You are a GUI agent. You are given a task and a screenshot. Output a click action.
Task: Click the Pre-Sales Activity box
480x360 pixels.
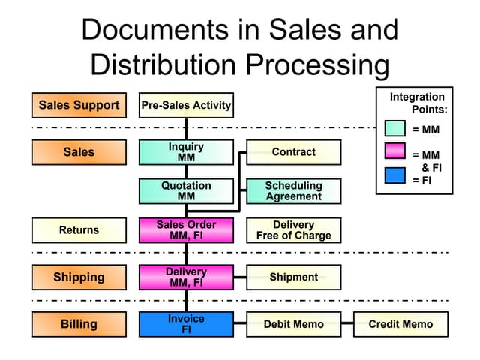186,105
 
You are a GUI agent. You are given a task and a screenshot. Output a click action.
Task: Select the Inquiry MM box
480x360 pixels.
186,152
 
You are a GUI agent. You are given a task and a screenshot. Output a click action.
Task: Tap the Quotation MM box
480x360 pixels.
186,191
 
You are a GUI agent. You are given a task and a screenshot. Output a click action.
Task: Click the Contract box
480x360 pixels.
294,152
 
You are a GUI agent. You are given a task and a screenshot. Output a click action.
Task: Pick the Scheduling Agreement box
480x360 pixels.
294,191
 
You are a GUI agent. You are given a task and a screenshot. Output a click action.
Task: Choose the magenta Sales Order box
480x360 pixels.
186,230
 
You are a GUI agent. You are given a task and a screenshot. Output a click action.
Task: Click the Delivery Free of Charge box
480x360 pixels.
294,230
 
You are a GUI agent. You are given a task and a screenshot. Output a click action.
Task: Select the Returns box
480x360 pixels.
79,230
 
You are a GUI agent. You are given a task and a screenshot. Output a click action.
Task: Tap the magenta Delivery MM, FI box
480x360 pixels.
186,277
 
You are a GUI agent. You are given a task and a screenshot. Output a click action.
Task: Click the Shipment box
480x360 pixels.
294,277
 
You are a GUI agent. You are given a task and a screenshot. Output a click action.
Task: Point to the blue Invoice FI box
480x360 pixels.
186,324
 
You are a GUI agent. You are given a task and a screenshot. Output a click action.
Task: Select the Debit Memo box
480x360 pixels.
294,324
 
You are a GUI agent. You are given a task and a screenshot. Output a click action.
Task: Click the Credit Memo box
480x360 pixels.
401,324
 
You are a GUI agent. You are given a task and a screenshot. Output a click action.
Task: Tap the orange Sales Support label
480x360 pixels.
79,105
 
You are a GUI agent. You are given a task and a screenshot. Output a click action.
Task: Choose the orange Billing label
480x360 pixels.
79,324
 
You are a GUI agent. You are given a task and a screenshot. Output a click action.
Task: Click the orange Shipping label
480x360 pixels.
79,277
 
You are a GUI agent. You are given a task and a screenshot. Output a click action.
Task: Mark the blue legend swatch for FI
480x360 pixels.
395,175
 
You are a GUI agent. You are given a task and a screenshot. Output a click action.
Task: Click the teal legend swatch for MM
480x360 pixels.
395,128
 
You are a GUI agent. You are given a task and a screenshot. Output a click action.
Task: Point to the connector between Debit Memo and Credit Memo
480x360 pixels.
347,323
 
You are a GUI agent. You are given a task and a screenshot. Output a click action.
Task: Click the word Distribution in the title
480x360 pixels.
163,64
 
